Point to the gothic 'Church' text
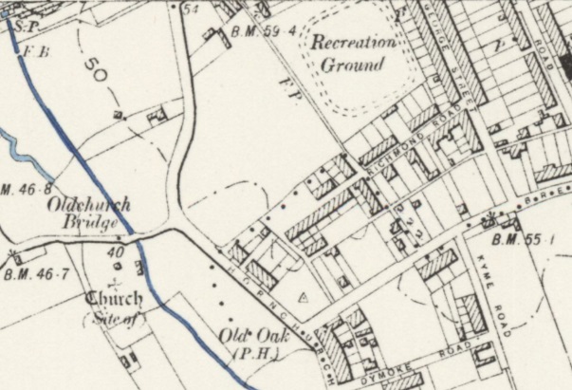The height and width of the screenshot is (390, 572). click(115, 299)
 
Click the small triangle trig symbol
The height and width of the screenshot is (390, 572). click(304, 297)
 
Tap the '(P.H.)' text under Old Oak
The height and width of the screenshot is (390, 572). click(249, 355)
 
